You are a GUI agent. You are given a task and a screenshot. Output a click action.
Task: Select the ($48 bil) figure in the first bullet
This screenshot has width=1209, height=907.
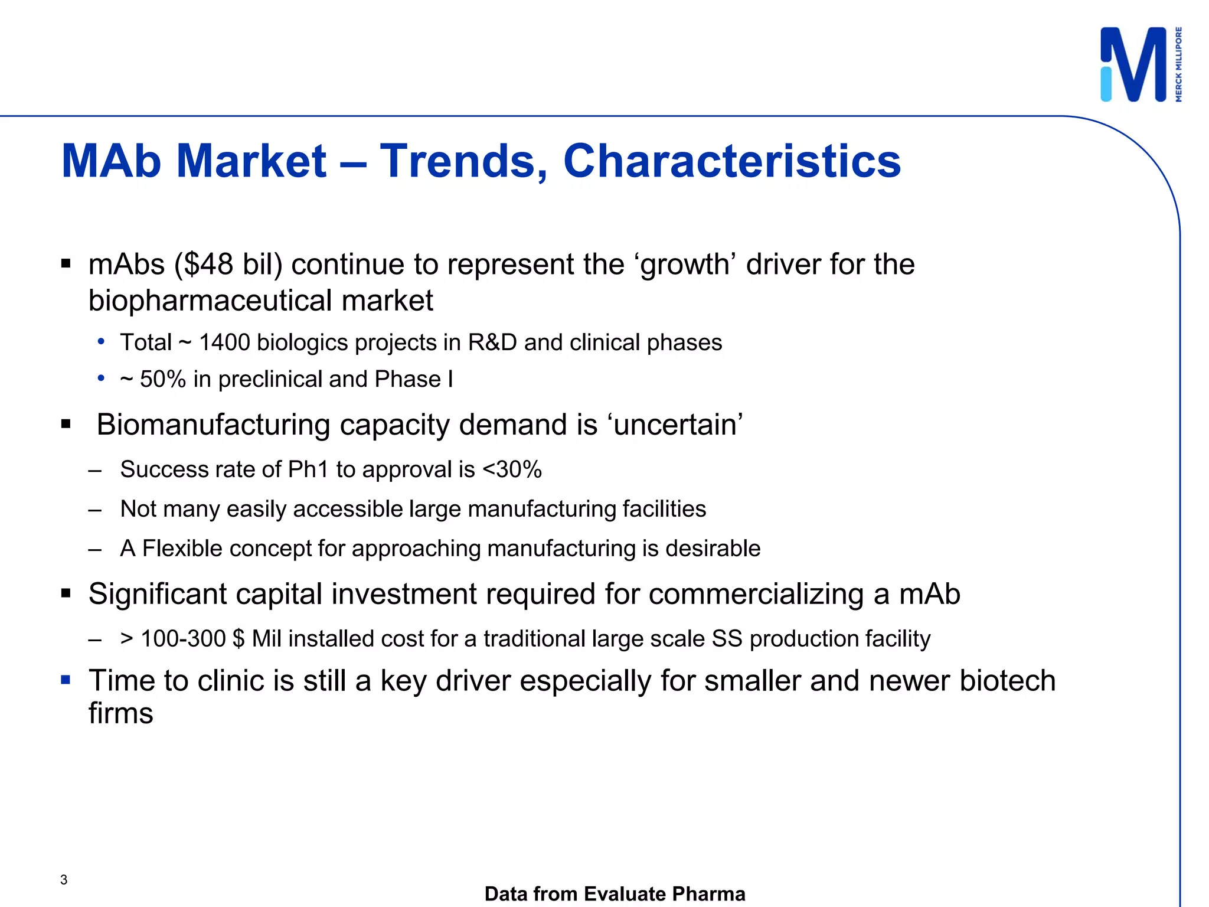(x=228, y=264)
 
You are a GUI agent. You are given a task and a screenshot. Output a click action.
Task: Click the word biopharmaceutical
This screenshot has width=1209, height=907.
(x=210, y=301)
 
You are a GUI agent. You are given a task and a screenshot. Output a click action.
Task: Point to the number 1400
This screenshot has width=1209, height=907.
(x=224, y=342)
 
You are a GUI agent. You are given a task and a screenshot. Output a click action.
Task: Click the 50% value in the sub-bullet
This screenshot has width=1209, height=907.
(x=163, y=379)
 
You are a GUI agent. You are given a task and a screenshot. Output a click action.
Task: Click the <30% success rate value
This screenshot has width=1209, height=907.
(x=512, y=469)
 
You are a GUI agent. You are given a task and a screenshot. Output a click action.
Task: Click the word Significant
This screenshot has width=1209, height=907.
(x=157, y=594)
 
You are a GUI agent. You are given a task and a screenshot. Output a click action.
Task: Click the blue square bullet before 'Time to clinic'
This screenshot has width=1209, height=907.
(x=66, y=680)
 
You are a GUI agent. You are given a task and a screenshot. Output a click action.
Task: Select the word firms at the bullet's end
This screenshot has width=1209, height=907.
(x=120, y=713)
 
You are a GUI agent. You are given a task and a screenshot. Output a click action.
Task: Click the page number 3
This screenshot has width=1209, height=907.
(x=64, y=880)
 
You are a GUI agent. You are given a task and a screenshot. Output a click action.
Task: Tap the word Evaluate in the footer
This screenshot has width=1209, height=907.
(x=622, y=894)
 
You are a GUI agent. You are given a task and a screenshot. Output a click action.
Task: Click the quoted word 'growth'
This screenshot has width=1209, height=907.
(x=685, y=264)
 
